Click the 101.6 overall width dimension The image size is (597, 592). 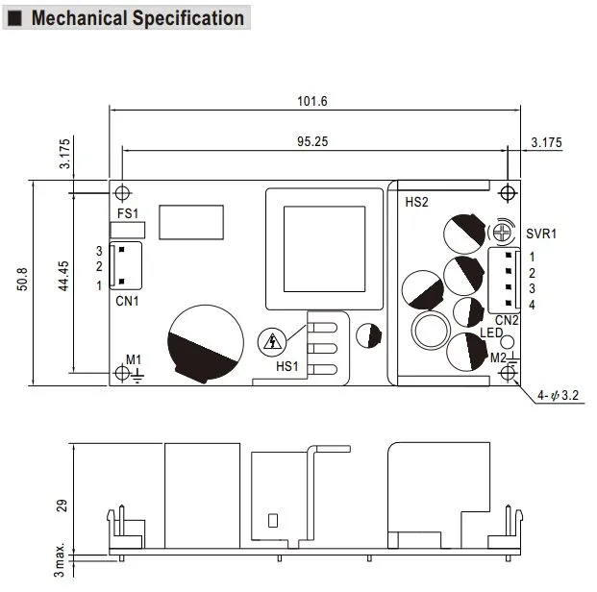311,101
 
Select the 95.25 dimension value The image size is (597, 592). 312,141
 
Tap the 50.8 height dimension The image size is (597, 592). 22,279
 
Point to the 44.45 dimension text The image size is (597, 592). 63,276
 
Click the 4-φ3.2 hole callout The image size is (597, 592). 558,395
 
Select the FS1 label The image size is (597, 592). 128,213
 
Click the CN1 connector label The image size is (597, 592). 127,301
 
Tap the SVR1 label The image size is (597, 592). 541,234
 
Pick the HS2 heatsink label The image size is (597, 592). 416,202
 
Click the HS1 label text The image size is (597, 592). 287,366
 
